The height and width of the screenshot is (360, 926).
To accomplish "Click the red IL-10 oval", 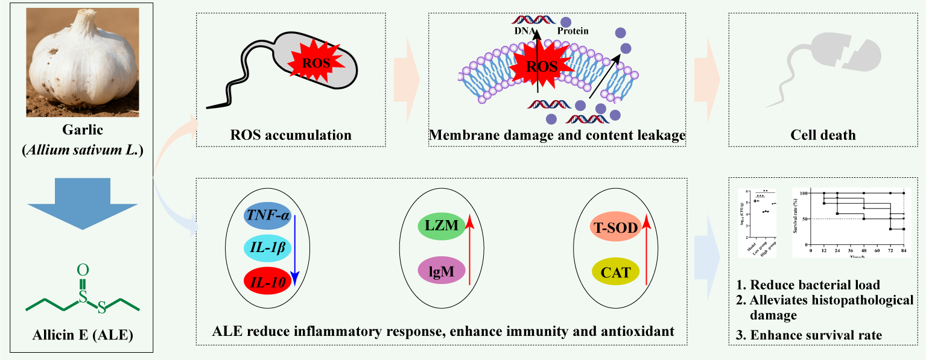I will point(267,279).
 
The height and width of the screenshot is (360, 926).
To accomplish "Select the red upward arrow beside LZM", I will point(469,251).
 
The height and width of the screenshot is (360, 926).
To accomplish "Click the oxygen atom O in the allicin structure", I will point(84,268).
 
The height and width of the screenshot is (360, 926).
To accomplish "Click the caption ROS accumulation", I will point(291,134).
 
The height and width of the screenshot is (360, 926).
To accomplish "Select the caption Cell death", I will point(823,134).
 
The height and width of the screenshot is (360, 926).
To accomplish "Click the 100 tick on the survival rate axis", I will point(804,193).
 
